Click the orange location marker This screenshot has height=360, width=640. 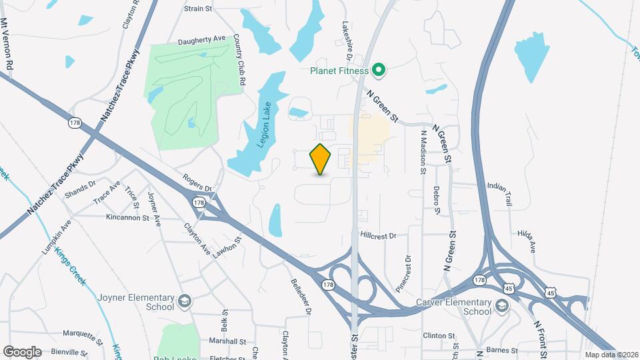point(321,159)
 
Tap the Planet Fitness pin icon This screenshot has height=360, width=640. point(379,69)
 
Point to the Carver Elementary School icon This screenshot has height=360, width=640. point(501,306)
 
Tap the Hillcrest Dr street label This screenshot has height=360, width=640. point(378,235)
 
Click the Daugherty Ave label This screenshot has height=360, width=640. point(202,41)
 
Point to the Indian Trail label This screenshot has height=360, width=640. point(502,186)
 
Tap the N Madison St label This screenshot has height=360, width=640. point(423,152)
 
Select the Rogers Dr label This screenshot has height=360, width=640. point(197,183)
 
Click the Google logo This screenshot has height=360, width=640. point(22,351)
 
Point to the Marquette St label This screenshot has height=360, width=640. point(80,333)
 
